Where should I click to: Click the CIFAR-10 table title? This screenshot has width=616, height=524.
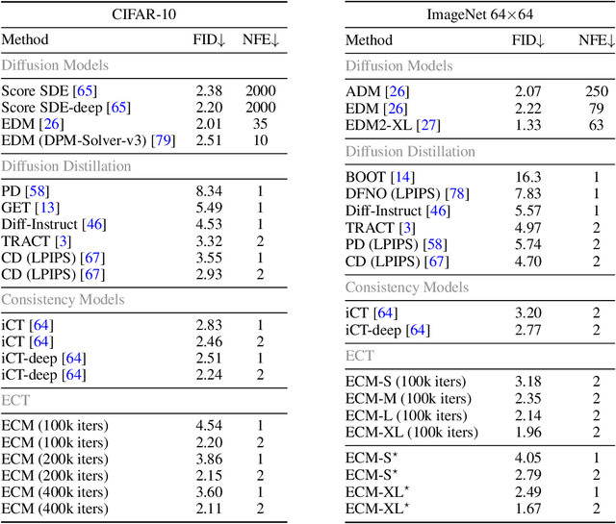(137, 13)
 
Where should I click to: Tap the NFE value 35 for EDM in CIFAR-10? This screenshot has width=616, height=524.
(260, 122)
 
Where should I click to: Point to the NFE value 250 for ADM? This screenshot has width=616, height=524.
(596, 91)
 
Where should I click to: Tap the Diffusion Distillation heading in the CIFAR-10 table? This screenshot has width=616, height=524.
(65, 166)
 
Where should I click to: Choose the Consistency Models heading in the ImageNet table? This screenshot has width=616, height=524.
(407, 287)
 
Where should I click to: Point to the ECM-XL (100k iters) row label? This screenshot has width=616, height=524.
(410, 432)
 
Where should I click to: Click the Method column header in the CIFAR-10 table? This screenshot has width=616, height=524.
(26, 40)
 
